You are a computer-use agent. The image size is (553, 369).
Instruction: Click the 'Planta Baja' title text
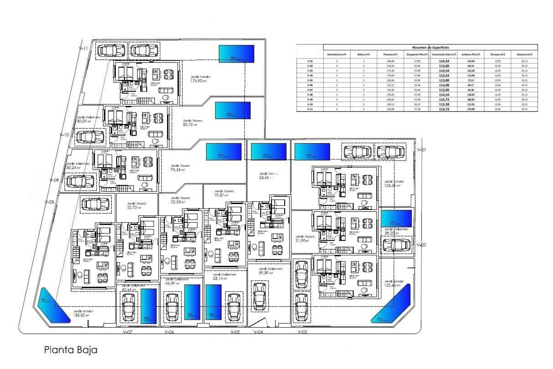click(71, 350)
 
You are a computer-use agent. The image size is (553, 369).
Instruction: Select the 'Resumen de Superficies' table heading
click(430, 48)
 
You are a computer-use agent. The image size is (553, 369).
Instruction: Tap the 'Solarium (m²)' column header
click(524, 54)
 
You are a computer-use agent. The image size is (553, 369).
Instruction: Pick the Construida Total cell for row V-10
click(444, 104)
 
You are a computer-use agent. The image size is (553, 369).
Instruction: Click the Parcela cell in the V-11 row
click(390, 109)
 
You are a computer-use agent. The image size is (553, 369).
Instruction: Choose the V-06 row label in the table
click(310, 85)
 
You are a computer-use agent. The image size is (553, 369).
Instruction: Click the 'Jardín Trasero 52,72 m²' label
click(192, 123)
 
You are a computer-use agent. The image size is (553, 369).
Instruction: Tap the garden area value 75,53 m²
click(177, 170)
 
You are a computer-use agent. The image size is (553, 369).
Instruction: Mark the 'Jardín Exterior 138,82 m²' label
click(83, 313)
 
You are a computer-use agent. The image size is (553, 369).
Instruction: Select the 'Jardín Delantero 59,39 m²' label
click(270, 271)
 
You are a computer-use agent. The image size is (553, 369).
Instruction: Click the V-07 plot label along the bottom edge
click(127, 332)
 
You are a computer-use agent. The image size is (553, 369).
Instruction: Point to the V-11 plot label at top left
click(83, 48)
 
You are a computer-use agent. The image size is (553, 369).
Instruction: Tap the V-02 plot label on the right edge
click(421, 245)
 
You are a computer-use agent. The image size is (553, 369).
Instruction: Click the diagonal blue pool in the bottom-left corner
click(54, 305)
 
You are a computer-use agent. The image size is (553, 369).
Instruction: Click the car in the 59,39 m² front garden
click(259, 296)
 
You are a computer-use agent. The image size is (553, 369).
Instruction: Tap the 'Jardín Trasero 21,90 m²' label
click(305, 238)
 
